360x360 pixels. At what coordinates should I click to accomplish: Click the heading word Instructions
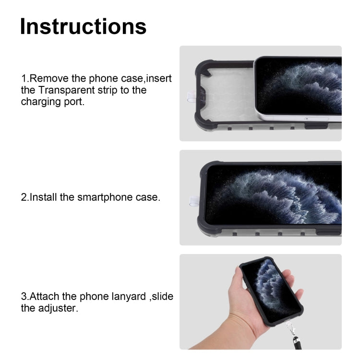[83, 26]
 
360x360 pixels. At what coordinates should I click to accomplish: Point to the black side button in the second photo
[332, 233]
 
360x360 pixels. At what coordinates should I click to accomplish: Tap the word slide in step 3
[163, 296]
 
